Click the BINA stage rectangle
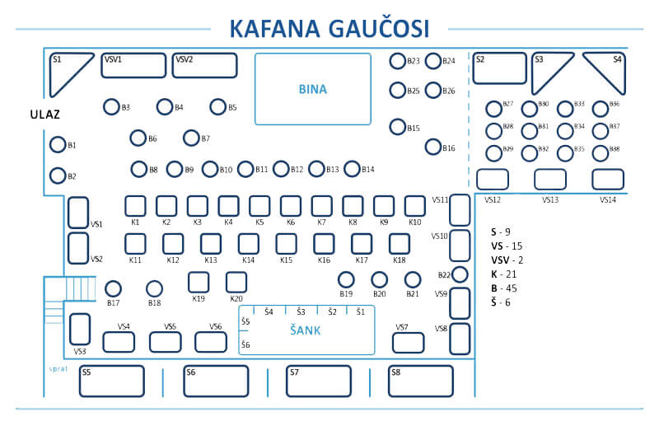[x=312, y=89]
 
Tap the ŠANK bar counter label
[x=305, y=331]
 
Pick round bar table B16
[x=433, y=147]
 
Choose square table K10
[x=415, y=205]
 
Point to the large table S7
[x=318, y=381]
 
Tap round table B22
[x=460, y=274]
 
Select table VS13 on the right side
[x=550, y=180]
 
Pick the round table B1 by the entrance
[x=58, y=145]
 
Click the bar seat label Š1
[x=361, y=311]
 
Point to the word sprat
[x=58, y=368]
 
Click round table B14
[x=352, y=169]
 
